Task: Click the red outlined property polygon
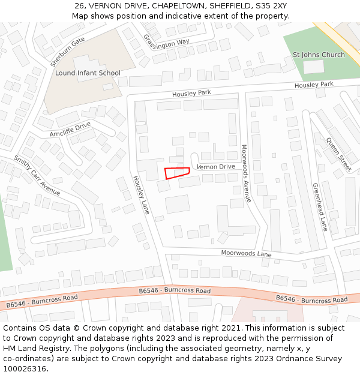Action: click(176, 173)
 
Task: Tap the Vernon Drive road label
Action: click(215, 167)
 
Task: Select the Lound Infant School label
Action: click(88, 73)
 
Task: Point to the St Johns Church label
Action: click(319, 55)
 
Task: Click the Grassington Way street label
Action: click(166, 41)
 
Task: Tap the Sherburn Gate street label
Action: click(67, 52)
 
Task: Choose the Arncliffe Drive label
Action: click(70, 129)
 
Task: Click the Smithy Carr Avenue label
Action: click(37, 176)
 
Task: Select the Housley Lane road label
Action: click(141, 195)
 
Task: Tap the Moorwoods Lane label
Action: click(246, 253)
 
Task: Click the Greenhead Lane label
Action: click(320, 207)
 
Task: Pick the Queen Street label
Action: click(339, 154)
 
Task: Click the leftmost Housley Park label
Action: click(191, 94)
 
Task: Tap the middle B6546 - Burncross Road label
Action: click(175, 290)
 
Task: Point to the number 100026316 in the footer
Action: click(25, 368)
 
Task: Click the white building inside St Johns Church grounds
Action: click(313, 67)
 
